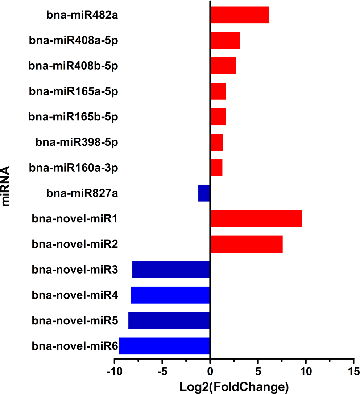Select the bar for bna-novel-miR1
256,218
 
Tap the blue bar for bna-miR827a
204,193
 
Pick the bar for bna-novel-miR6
164,346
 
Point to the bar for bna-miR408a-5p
225,40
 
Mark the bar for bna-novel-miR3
171,270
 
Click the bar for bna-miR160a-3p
216,168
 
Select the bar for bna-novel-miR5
169,320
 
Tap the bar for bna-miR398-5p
216,142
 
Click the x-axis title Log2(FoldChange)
234,386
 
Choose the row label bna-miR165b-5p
74,117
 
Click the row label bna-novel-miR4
75,295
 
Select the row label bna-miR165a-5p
74,91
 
